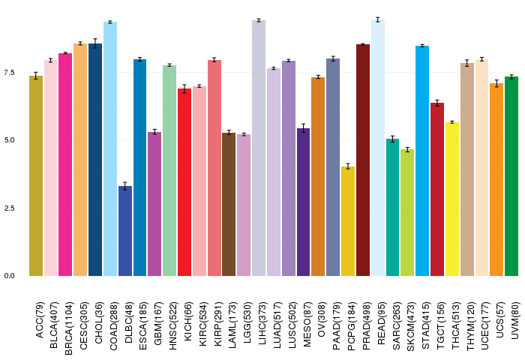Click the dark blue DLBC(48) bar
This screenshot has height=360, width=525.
point(125,231)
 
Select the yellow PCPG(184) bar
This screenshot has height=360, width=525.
point(348,221)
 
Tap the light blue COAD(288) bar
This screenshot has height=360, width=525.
point(110,149)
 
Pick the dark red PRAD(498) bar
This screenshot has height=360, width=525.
point(363,160)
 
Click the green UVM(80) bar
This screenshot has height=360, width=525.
point(511,176)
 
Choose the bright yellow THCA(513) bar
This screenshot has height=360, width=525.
point(452,199)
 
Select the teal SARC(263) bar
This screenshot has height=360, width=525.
point(392,208)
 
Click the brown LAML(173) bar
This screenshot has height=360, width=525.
point(229,204)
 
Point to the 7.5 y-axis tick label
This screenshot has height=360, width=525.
point(9,72)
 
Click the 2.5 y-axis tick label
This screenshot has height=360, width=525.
point(9,208)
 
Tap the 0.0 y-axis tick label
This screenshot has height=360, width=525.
point(9,275)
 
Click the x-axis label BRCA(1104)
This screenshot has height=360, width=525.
point(68,328)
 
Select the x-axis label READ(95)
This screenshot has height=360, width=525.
point(381,323)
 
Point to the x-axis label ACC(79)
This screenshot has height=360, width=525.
point(39,320)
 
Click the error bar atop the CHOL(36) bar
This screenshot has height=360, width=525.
point(95,43)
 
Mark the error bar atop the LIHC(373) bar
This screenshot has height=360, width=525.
point(259,20)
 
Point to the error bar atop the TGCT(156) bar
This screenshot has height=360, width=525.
point(437,103)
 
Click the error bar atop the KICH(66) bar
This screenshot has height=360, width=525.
point(184,88)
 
